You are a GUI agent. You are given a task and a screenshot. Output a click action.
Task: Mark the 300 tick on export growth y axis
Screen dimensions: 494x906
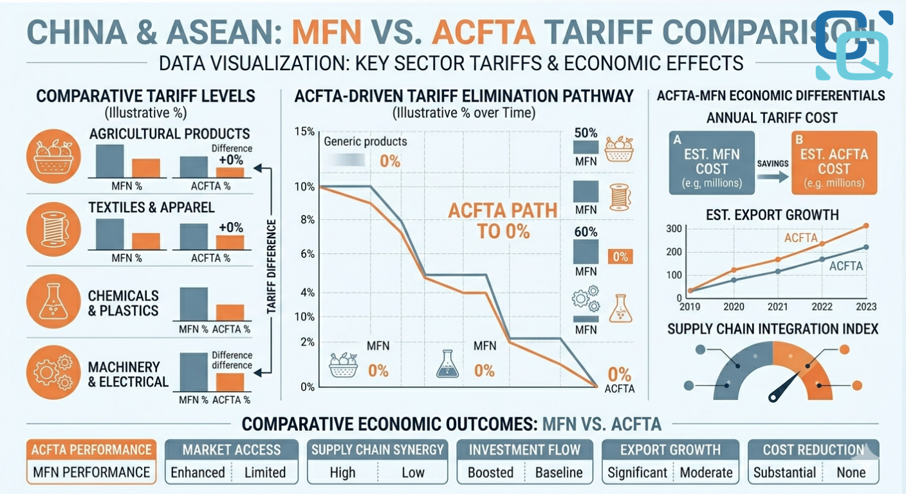pyautogui.click(x=674, y=228)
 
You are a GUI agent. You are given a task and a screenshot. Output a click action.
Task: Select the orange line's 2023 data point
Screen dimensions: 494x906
pyautogui.click(x=866, y=226)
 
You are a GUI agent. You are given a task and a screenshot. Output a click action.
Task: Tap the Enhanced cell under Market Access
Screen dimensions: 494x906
pyautogui.click(x=198, y=473)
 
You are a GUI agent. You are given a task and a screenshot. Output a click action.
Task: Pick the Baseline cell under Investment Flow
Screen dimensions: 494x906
pyautogui.click(x=559, y=473)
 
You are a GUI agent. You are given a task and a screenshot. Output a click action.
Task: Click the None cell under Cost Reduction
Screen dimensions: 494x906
pyautogui.click(x=850, y=473)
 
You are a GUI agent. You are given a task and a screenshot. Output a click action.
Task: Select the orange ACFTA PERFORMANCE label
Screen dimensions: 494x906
pyautogui.click(x=91, y=450)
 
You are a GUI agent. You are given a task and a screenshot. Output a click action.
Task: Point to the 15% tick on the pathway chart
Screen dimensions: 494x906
pyautogui.click(x=304, y=131)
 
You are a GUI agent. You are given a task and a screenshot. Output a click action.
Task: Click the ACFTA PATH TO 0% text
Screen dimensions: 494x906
pyautogui.click(x=489, y=221)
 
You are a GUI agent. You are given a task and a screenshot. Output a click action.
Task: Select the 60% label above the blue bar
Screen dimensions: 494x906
pyautogui.click(x=585, y=232)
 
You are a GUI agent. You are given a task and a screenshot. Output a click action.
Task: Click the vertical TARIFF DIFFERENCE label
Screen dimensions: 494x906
pyautogui.click(x=271, y=267)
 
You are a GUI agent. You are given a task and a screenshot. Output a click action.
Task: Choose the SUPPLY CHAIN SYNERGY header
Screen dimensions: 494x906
pyautogui.click(x=378, y=450)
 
